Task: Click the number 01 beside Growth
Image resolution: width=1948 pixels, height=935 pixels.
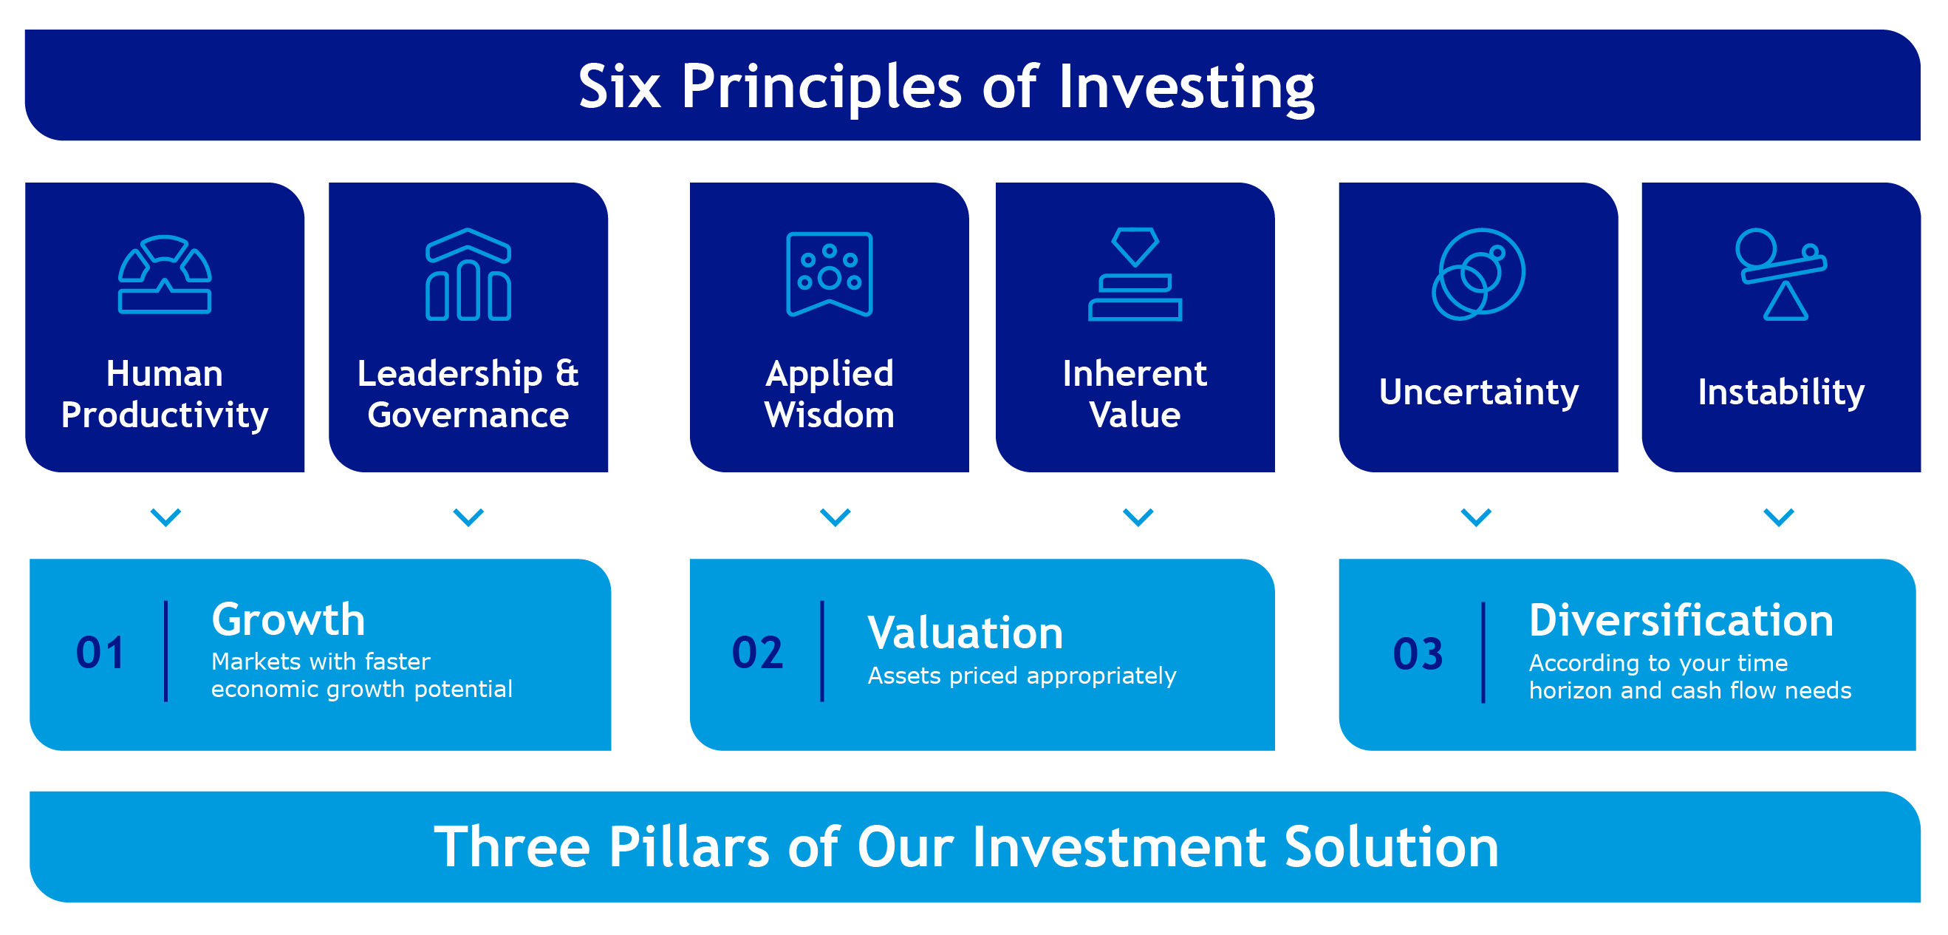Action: pyautogui.click(x=100, y=652)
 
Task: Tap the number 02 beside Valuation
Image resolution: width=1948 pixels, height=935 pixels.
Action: pyautogui.click(x=757, y=652)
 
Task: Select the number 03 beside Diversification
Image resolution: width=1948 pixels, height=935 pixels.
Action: pyautogui.click(x=1418, y=653)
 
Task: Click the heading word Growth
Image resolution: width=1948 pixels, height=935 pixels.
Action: pyautogui.click(x=288, y=619)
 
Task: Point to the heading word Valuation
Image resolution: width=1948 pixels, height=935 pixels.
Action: pyautogui.click(x=965, y=633)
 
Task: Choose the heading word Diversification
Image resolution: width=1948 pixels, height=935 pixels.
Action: pyautogui.click(x=1681, y=620)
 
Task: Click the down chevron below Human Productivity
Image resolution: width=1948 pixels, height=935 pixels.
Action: pyautogui.click(x=165, y=517)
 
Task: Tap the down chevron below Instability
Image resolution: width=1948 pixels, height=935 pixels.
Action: pyautogui.click(x=1779, y=517)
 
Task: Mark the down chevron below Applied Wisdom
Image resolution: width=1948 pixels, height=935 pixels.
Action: pyautogui.click(x=835, y=517)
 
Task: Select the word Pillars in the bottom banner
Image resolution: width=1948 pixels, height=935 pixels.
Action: pyautogui.click(x=688, y=846)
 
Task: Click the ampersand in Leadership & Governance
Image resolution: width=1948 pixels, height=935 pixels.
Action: pyautogui.click(x=567, y=373)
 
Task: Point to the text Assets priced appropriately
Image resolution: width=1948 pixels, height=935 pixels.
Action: pyautogui.click(x=1022, y=676)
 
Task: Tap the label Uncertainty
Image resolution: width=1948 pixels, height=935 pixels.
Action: pyautogui.click(x=1478, y=392)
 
